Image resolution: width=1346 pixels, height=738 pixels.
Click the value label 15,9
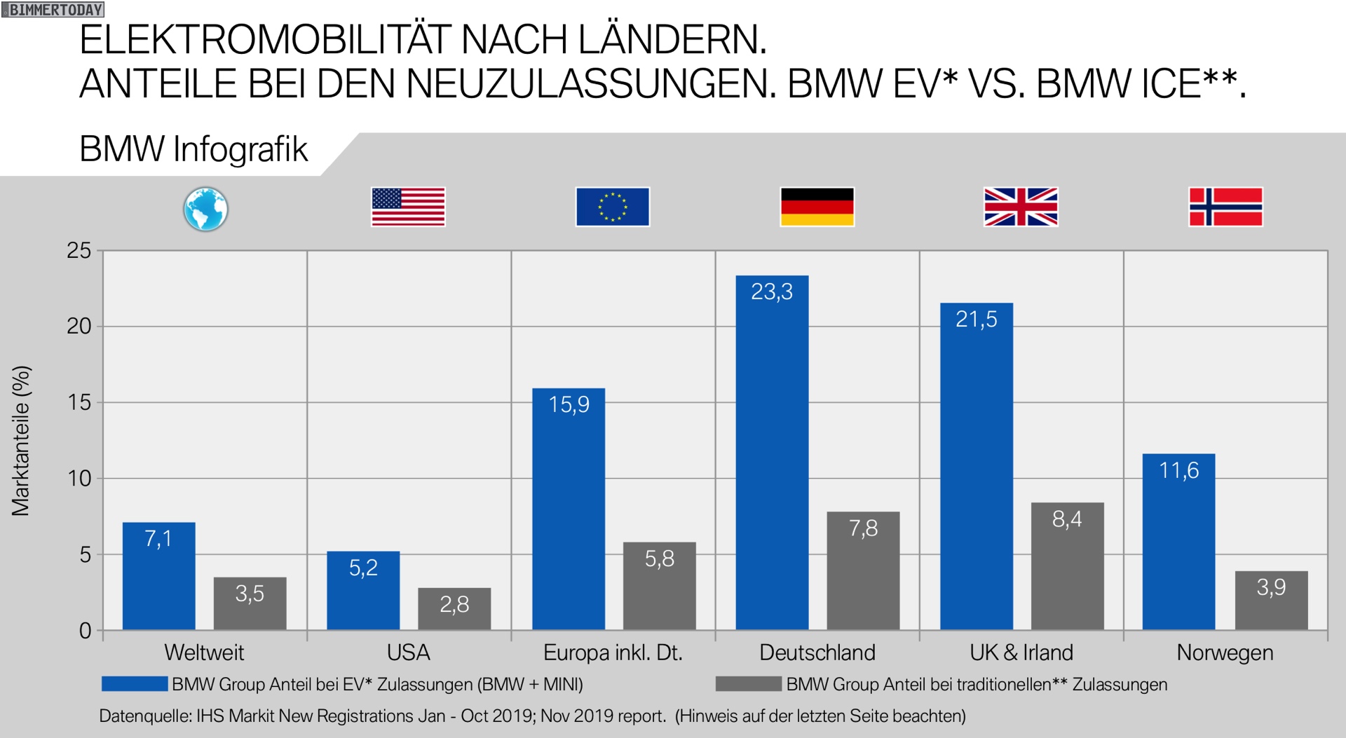point(569,404)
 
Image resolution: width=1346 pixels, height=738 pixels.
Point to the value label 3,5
point(250,594)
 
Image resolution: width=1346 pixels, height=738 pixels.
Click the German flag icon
point(817,207)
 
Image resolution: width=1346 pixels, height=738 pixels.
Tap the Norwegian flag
point(1225,207)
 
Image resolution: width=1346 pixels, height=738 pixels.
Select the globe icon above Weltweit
point(205,209)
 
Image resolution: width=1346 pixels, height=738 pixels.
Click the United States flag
point(408,207)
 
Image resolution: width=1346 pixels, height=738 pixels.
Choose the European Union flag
point(612,207)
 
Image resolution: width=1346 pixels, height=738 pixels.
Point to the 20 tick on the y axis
point(79,326)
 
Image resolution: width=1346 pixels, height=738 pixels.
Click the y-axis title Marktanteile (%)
point(21,441)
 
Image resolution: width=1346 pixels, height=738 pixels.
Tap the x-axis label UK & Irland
point(1021,652)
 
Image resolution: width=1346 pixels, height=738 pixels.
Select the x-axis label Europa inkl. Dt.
point(613,652)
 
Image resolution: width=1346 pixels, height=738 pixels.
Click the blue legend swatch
point(135,684)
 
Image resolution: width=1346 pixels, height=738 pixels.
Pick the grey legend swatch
point(748,684)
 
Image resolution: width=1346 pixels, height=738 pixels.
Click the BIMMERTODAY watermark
point(53,10)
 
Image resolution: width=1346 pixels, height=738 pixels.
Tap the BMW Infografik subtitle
point(193,149)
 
